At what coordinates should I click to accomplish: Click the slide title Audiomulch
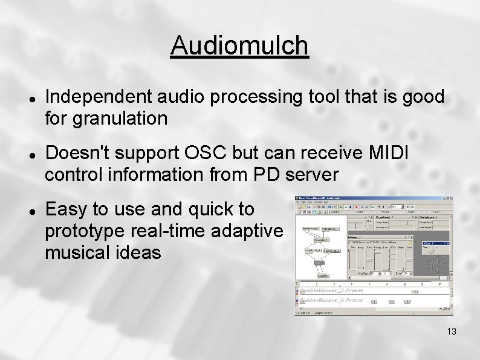[x=239, y=45]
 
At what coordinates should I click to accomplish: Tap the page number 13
[x=452, y=332]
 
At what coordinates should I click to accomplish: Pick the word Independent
[x=99, y=96]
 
